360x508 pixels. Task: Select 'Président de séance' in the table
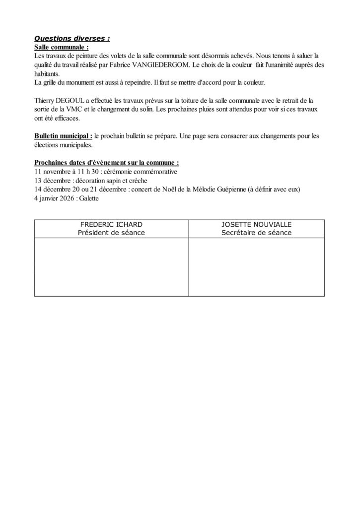point(111,233)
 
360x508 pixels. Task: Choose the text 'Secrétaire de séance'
point(256,233)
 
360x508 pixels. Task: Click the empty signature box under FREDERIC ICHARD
point(111,267)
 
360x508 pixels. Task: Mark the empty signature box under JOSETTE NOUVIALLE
point(256,267)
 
